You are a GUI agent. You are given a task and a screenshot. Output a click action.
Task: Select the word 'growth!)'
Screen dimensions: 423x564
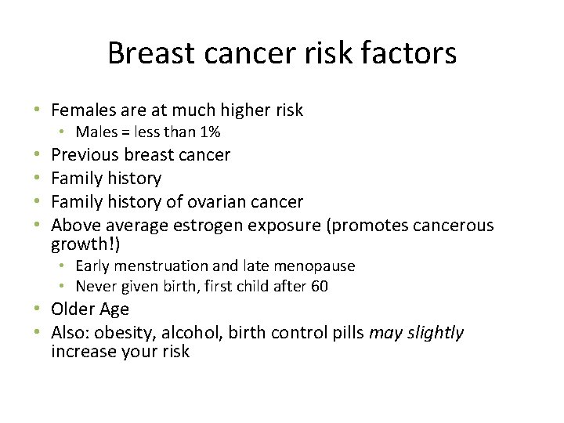85,244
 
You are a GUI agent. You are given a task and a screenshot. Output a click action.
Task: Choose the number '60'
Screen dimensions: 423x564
320,286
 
